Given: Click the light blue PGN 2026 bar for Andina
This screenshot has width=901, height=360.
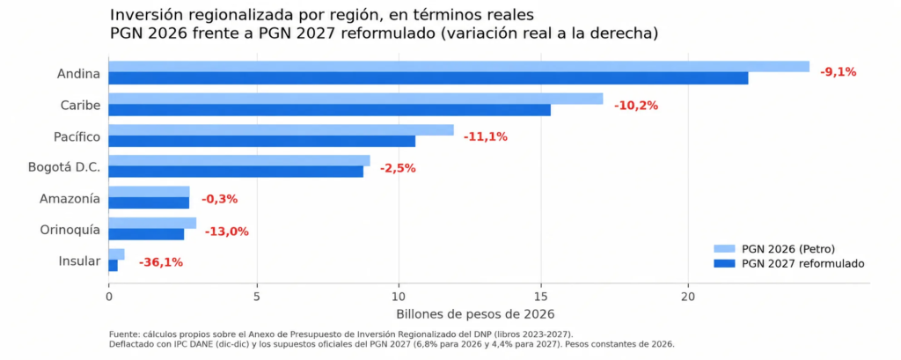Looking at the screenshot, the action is click(x=459, y=67).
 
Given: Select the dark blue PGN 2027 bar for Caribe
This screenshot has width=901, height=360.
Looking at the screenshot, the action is click(x=330, y=110).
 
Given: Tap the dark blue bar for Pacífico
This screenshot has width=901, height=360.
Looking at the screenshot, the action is click(x=262, y=141).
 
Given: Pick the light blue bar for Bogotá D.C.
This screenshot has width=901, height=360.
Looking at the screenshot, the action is click(x=239, y=160).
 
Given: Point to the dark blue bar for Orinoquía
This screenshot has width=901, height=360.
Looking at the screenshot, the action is click(x=147, y=235).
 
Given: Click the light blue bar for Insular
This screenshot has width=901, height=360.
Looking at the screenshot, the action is click(x=117, y=254).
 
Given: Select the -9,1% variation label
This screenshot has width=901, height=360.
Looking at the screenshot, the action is click(x=838, y=72).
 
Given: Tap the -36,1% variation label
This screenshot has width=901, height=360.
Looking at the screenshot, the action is click(x=161, y=262).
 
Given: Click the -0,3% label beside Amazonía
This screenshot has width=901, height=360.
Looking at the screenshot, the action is click(x=219, y=200).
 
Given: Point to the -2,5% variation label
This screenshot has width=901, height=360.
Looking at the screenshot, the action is click(x=398, y=168).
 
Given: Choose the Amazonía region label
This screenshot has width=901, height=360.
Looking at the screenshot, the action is click(x=70, y=199).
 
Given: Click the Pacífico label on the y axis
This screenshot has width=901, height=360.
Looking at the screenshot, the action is click(x=77, y=136).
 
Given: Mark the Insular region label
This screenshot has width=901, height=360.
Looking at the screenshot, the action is click(x=79, y=261).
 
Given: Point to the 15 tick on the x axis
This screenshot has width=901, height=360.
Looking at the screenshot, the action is click(x=541, y=297).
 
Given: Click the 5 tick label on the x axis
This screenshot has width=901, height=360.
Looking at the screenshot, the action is click(x=257, y=297).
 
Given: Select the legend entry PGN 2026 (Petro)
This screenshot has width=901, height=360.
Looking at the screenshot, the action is click(x=774, y=249).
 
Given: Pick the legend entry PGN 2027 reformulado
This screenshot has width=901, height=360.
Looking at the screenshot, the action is click(x=789, y=263).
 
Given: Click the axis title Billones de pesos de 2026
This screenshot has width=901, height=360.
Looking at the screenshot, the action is click(x=474, y=314).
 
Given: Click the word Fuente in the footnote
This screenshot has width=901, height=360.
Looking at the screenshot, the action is click(x=121, y=334).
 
